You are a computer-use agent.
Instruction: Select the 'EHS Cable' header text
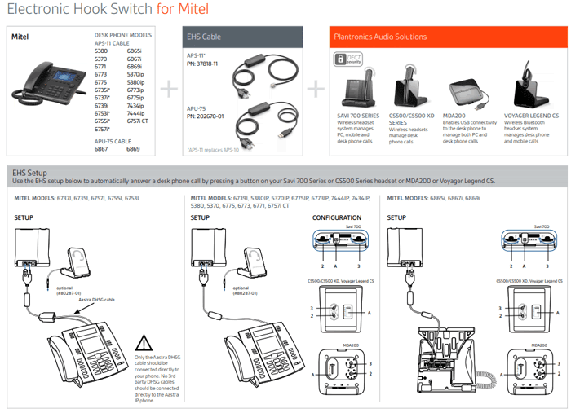click(x=204, y=37)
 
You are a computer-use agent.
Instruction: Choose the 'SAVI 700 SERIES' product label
click(x=359, y=116)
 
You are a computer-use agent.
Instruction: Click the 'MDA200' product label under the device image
click(x=454, y=116)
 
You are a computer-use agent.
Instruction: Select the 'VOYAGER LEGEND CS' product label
click(x=532, y=116)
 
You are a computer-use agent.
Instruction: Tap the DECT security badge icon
click(x=343, y=60)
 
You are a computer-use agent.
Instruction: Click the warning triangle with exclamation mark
click(x=144, y=343)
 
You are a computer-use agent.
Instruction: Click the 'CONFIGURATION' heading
click(x=336, y=218)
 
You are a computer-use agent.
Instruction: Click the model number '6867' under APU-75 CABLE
click(x=101, y=149)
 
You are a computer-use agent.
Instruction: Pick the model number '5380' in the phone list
click(x=101, y=51)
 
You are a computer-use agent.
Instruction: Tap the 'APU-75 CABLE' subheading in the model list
click(x=116, y=140)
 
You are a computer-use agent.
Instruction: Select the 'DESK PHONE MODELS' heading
click(x=123, y=36)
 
